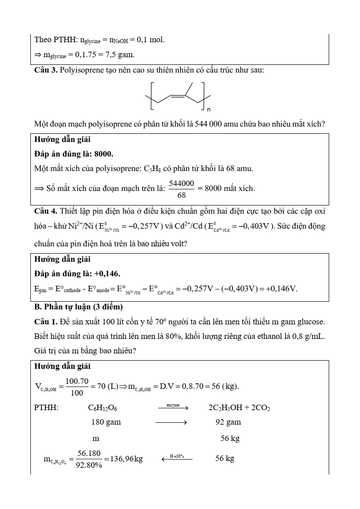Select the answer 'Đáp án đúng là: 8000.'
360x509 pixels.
pos(74,154)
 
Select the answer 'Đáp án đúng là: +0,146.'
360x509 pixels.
pos(77,274)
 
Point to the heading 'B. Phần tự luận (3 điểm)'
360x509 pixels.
pos(78,307)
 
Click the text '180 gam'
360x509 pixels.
pos(106,422)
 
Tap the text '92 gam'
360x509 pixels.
pos(228,422)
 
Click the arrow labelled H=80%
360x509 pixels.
pos(177,459)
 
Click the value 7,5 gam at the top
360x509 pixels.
pos(120,55)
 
